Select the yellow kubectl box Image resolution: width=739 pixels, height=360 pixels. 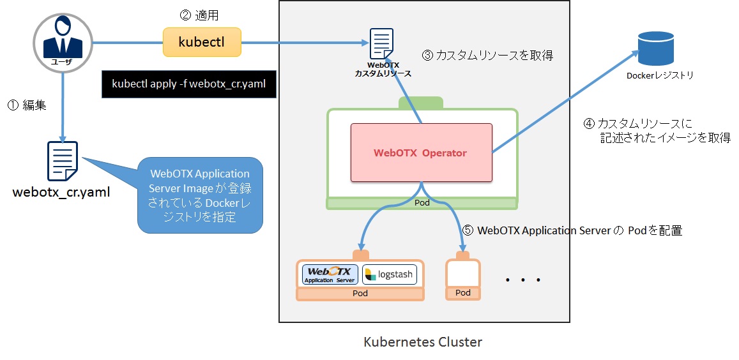point(201,42)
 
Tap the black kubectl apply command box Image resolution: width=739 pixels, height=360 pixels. point(188,84)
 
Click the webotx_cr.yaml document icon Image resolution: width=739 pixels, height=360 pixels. point(62,160)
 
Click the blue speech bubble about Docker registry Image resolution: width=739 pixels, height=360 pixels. point(199,195)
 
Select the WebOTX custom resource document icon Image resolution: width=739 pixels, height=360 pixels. point(382,43)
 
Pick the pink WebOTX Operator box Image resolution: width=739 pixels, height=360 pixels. point(421,153)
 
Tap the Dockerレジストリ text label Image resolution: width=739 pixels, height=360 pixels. point(660,75)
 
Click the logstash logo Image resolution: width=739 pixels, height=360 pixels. point(390,274)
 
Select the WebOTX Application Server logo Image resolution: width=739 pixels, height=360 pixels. point(330,274)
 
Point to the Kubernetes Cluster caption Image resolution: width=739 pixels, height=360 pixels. point(422,342)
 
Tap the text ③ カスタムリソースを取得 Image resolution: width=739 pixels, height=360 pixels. point(487,56)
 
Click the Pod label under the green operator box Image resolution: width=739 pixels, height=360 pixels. point(422,203)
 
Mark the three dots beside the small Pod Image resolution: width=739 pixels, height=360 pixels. point(522,280)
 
